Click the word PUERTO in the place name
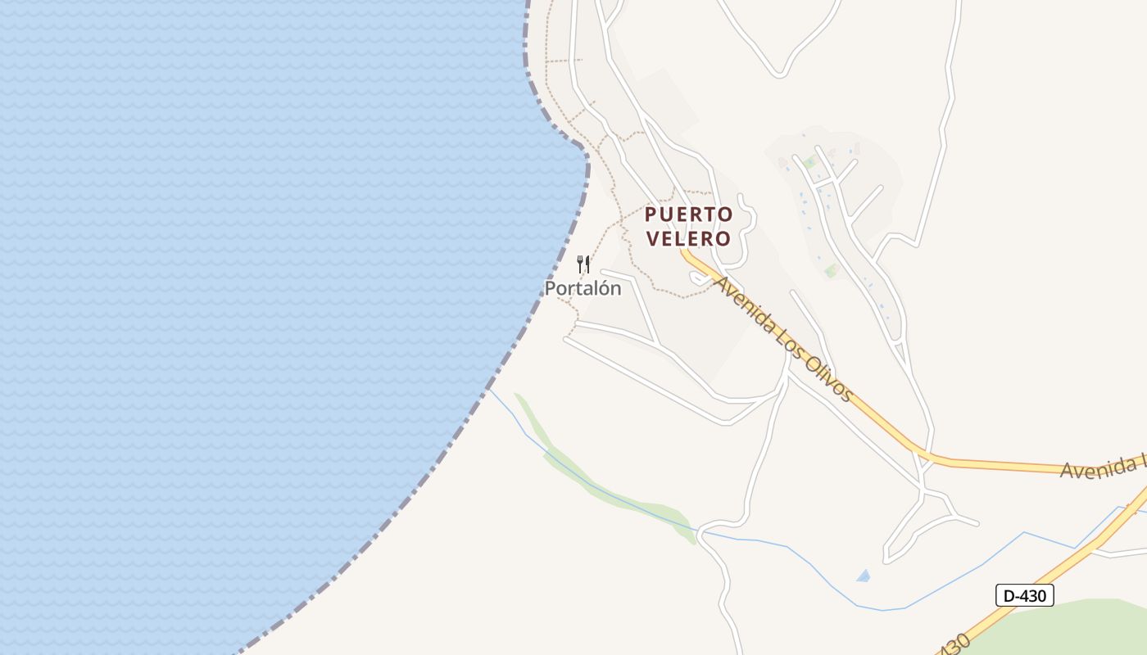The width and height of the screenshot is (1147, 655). (688, 215)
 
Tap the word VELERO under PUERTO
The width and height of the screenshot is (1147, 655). (688, 238)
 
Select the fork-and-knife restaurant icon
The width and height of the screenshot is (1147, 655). (583, 264)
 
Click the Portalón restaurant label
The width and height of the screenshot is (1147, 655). (583, 288)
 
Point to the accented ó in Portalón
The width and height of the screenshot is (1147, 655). (602, 288)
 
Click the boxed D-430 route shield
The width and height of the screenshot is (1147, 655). (1024, 595)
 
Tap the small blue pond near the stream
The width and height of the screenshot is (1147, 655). (863, 576)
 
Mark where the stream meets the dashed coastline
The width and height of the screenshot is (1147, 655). (489, 391)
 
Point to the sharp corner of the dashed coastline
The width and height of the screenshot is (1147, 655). (585, 151)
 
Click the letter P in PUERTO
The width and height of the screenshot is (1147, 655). (651, 215)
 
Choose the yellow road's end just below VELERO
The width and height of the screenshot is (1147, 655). (683, 252)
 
